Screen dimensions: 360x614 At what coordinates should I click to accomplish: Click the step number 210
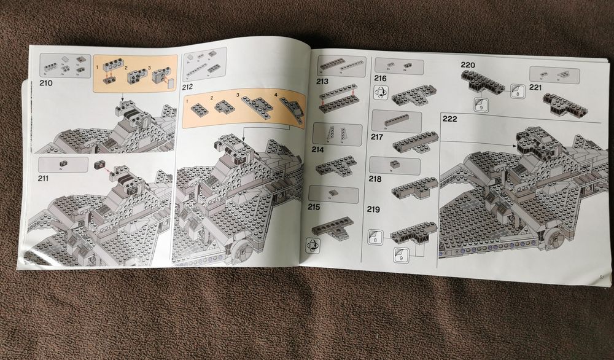46,83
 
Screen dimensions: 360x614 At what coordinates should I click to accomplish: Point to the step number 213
323,81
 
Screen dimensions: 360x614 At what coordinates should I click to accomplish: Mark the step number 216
380,79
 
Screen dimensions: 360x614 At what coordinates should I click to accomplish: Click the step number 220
469,64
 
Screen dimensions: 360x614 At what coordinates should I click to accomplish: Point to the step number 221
535,87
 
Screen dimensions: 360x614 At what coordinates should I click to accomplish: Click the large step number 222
450,119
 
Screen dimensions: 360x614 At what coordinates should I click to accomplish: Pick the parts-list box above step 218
396,165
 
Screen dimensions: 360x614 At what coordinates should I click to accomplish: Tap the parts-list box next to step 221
554,75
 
